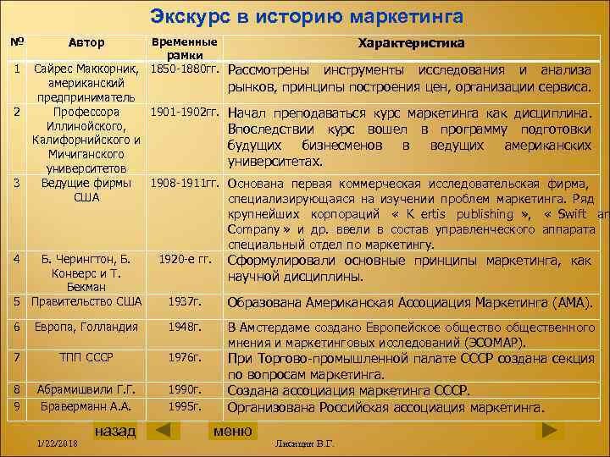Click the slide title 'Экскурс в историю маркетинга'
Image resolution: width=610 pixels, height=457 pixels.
[x=306, y=16]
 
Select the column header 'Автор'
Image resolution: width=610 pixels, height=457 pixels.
[x=86, y=42]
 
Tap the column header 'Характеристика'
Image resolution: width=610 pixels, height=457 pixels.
[x=411, y=42]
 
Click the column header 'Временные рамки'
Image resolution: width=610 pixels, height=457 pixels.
[x=183, y=47]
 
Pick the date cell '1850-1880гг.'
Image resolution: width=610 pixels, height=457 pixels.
[x=185, y=68]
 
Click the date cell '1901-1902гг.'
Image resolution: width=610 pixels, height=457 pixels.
[x=185, y=111]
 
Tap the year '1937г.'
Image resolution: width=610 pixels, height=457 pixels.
[x=184, y=301]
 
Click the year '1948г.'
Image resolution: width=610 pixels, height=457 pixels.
[x=184, y=327]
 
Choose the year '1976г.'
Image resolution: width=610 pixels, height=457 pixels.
[x=184, y=357]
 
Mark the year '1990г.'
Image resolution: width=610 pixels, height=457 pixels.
[x=184, y=389]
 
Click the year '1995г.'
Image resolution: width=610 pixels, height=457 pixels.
[x=184, y=406]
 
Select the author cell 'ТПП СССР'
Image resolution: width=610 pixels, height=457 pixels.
[x=86, y=357]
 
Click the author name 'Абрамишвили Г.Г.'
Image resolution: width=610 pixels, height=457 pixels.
[x=86, y=389]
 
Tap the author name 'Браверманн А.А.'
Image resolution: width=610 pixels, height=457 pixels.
[x=86, y=406]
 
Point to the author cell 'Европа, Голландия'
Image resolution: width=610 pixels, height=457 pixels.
[x=86, y=327]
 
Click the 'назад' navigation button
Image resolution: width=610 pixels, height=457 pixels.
[x=114, y=431]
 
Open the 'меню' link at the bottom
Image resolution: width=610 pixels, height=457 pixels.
[x=232, y=431]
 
